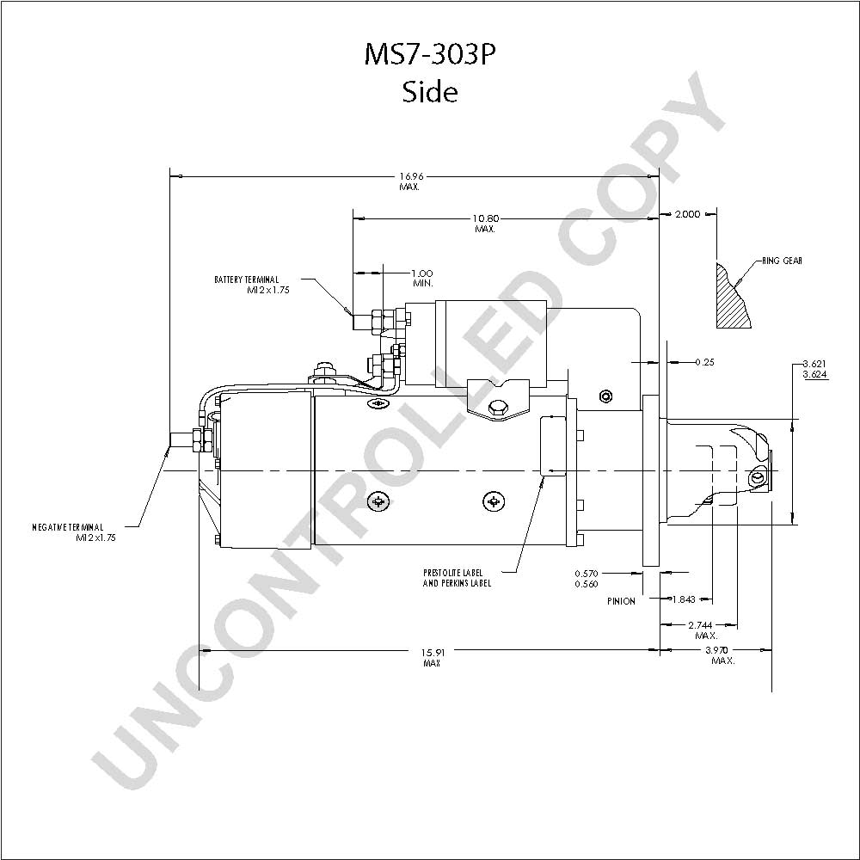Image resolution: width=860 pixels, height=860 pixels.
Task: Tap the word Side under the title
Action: (430, 92)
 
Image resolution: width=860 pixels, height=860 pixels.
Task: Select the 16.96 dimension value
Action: (411, 176)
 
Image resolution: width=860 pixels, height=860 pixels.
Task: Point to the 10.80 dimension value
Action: (487, 218)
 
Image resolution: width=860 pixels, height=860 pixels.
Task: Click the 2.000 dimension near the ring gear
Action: (688, 214)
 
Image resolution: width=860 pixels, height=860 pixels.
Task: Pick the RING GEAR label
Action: (782, 261)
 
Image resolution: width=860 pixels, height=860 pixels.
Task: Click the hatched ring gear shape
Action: (733, 296)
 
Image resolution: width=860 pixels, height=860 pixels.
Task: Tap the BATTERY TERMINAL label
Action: (246, 279)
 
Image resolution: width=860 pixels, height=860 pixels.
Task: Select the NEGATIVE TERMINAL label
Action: (67, 527)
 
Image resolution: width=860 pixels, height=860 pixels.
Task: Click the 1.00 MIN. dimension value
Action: (422, 273)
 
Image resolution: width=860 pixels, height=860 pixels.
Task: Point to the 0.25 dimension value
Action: (705, 362)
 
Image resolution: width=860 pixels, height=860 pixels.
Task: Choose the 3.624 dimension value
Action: (814, 375)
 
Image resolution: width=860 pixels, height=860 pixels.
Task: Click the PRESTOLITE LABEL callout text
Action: (453, 573)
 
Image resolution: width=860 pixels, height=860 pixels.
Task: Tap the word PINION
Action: (622, 601)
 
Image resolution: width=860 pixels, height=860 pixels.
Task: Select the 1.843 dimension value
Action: (684, 599)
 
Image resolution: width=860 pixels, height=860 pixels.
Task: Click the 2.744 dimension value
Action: (700, 625)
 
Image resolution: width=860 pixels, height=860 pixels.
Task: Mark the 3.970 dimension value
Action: (716, 650)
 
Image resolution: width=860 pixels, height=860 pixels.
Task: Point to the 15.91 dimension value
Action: (433, 653)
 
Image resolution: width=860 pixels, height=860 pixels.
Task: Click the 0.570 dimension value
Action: (587, 574)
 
